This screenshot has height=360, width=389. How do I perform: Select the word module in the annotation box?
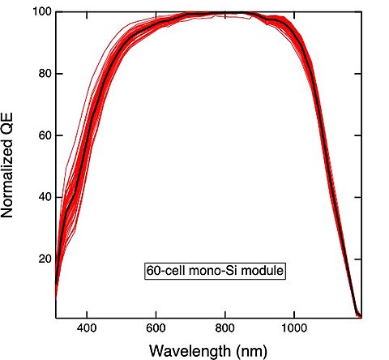pos(263,271)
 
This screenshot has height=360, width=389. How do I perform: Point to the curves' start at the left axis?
pos(56,292)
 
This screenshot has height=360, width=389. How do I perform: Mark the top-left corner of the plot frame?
pos(55,12)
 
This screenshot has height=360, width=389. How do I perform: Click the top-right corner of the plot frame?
pos(362,12)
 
